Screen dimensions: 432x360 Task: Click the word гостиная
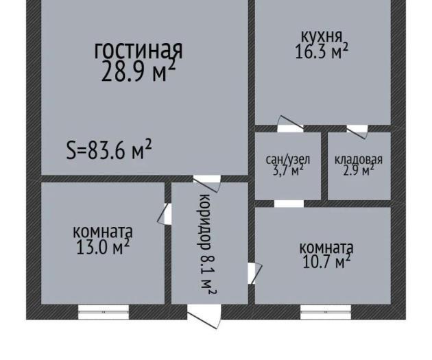(x=139, y=51)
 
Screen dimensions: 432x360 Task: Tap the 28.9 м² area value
(x=139, y=71)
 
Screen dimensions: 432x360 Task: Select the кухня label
(x=322, y=36)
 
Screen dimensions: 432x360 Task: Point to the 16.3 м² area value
(x=322, y=51)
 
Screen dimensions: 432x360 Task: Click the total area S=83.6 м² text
(x=109, y=150)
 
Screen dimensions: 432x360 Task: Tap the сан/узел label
(x=288, y=160)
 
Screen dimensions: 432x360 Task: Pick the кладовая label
(x=359, y=160)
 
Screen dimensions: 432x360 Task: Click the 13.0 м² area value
(x=103, y=247)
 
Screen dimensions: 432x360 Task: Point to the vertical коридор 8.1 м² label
(x=206, y=245)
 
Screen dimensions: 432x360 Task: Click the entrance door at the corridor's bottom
(x=204, y=315)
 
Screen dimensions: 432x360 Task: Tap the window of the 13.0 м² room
(x=104, y=312)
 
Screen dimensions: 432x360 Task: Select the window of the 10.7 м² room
(x=326, y=312)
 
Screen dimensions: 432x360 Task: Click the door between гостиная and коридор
(x=206, y=181)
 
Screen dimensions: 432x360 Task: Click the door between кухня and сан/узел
(x=290, y=125)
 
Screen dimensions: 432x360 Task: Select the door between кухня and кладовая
(x=357, y=130)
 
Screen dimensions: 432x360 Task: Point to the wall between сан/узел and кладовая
(x=324, y=166)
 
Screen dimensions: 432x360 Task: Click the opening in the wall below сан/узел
(x=289, y=204)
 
